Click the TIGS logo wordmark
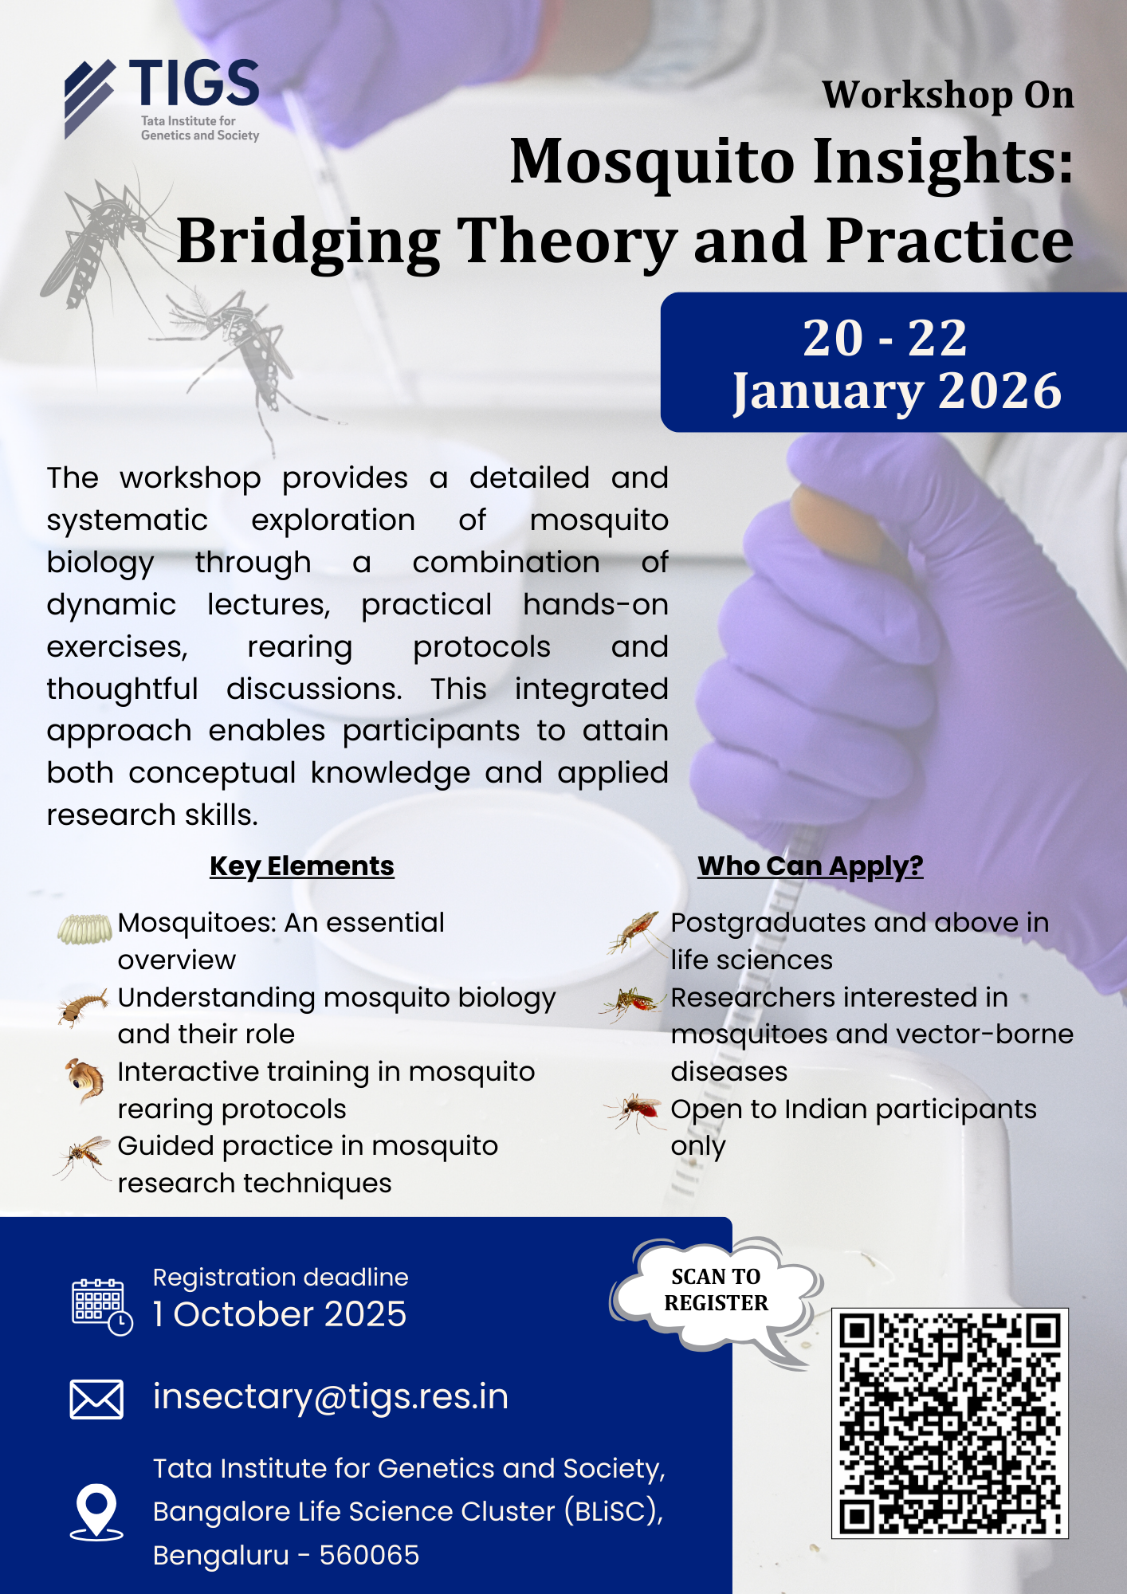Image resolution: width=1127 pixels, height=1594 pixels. [194, 83]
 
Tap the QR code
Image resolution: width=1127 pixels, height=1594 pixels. [949, 1423]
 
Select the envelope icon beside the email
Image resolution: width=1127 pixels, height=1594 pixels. [96, 1400]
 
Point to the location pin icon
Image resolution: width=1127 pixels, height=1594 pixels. [96, 1511]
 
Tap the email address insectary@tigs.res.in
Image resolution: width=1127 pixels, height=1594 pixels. [331, 1396]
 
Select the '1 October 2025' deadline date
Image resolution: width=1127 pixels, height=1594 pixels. [280, 1314]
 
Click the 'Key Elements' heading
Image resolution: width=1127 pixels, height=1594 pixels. [302, 866]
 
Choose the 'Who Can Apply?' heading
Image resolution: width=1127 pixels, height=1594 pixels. [811, 866]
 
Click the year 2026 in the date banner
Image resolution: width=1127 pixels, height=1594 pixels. [999, 391]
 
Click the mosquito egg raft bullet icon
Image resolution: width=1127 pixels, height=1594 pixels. [84, 929]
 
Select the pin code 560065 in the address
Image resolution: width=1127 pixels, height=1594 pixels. [369, 1555]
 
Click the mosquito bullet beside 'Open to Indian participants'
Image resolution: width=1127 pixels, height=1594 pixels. [634, 1112]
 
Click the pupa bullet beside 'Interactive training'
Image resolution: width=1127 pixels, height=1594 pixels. [84, 1080]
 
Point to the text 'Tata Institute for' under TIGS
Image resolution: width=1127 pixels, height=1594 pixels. [188, 121]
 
